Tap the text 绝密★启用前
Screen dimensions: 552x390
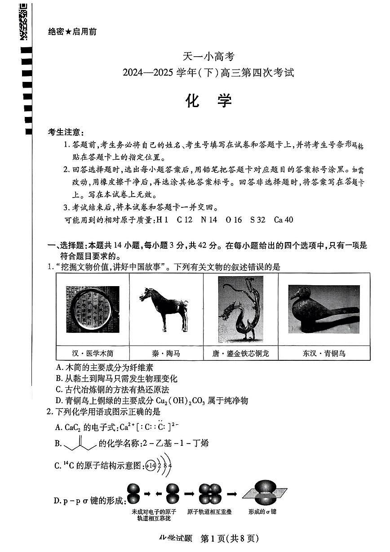tap(71, 31)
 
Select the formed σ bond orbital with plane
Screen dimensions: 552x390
tap(264, 492)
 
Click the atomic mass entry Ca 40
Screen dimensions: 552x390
tap(283, 220)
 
